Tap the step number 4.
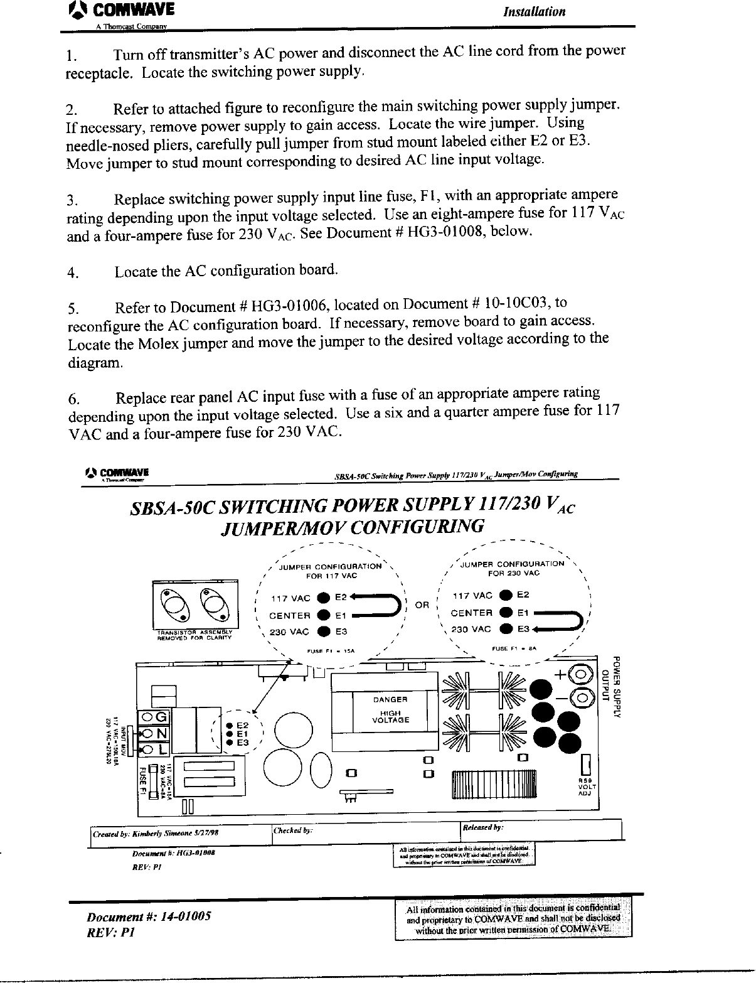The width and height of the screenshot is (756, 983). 73,273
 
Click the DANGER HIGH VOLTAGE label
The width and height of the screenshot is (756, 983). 390,709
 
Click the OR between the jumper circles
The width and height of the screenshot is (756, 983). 422,606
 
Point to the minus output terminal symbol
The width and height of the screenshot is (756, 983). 583,697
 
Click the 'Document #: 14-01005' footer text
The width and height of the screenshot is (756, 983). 149,916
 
